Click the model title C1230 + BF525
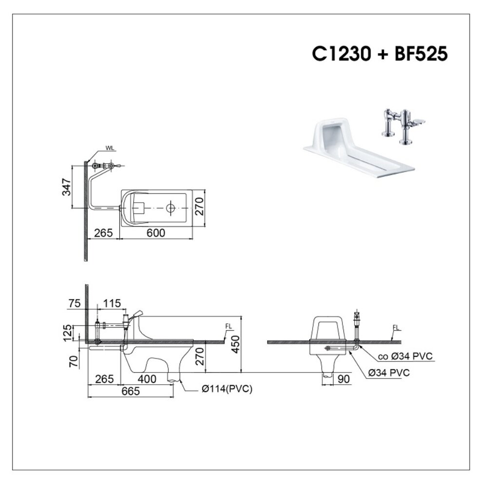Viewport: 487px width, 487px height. click(379, 54)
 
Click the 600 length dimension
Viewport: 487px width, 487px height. click(156, 233)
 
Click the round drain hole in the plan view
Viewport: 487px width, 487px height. click(170, 208)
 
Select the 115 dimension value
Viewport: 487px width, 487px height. click(112, 303)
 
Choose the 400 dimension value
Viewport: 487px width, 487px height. click(147, 379)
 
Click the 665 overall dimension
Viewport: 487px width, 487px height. click(131, 391)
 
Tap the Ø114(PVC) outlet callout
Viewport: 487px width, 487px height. click(227, 389)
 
